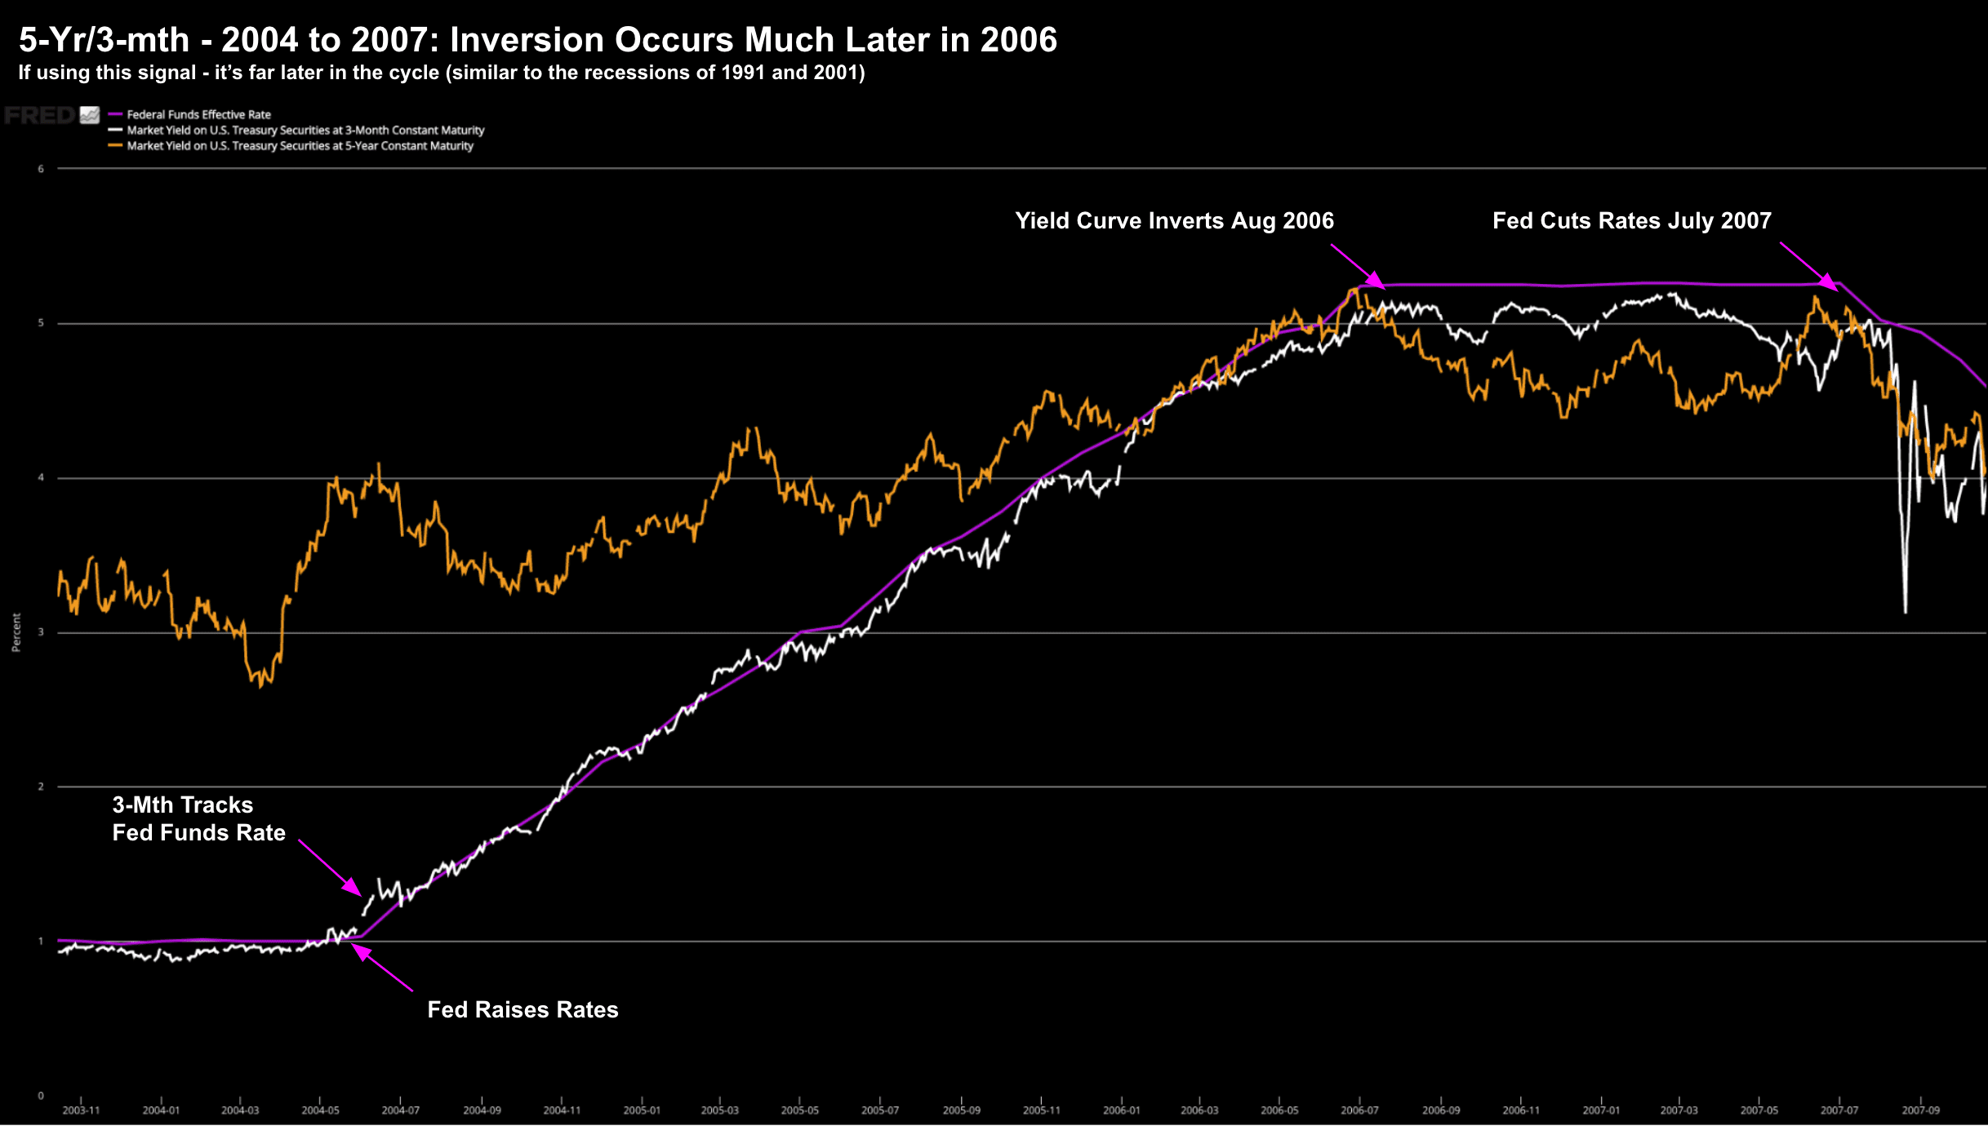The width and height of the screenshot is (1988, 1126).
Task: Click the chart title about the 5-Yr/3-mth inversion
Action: click(x=537, y=39)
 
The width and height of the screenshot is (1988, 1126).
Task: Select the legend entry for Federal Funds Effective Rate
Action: click(x=198, y=115)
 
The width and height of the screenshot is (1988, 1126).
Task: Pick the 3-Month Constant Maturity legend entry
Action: click(x=305, y=131)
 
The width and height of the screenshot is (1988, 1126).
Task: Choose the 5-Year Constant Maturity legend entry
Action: click(x=300, y=146)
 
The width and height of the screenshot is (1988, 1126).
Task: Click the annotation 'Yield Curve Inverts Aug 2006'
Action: click(x=1174, y=221)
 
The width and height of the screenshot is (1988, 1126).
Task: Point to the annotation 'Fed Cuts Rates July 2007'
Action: click(x=1631, y=221)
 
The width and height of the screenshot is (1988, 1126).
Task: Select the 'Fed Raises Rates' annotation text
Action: click(x=523, y=1010)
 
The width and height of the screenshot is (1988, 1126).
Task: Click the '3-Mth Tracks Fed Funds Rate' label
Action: click(x=198, y=819)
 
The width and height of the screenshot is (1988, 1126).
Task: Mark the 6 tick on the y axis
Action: click(x=41, y=169)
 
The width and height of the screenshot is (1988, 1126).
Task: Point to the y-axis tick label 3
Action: click(x=41, y=632)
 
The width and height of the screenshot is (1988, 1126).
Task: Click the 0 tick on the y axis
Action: click(x=41, y=1096)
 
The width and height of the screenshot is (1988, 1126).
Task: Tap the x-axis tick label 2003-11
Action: click(x=81, y=1110)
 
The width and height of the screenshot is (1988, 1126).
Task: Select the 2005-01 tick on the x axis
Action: click(x=642, y=1110)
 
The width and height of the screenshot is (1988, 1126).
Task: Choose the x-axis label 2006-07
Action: click(x=1359, y=1110)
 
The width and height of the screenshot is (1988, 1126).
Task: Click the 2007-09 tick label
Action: click(x=1920, y=1110)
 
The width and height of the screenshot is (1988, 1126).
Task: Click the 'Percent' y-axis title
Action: click(x=16, y=632)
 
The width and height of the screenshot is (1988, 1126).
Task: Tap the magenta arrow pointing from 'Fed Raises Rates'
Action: click(x=382, y=968)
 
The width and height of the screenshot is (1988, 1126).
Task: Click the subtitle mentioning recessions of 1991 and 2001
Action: click(x=441, y=73)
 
